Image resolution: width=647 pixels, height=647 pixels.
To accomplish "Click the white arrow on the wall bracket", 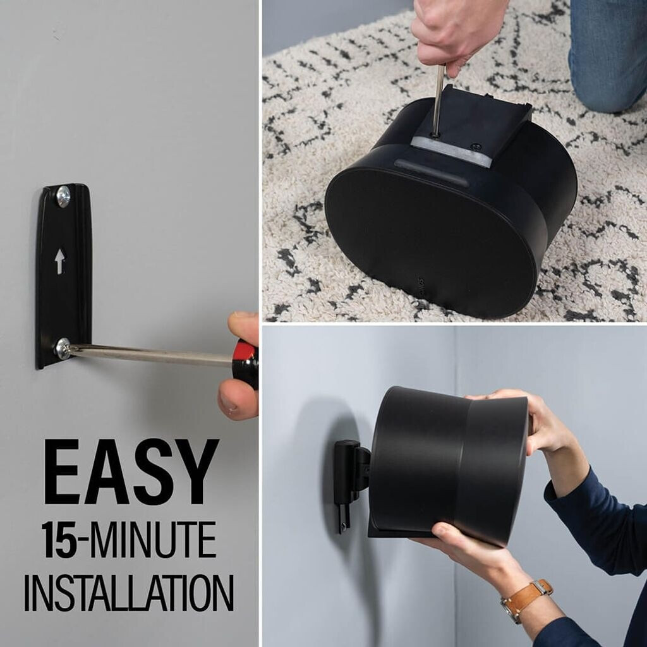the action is pos(60,261).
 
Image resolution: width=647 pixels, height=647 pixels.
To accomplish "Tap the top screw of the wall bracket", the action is pos(63,197).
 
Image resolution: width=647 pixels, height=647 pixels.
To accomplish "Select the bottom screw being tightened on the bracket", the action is pos(63,349).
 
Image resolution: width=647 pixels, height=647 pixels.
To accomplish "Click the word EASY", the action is pos(131,471).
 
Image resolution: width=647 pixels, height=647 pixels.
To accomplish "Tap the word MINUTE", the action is pos(153,540).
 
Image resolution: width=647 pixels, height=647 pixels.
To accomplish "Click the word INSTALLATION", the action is pos(129,593).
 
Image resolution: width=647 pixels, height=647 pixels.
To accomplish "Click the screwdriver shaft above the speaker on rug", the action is pos(438,100).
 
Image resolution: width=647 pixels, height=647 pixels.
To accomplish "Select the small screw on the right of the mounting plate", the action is pos(476,147).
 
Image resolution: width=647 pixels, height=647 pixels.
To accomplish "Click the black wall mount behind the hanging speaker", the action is pos(351,482).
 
